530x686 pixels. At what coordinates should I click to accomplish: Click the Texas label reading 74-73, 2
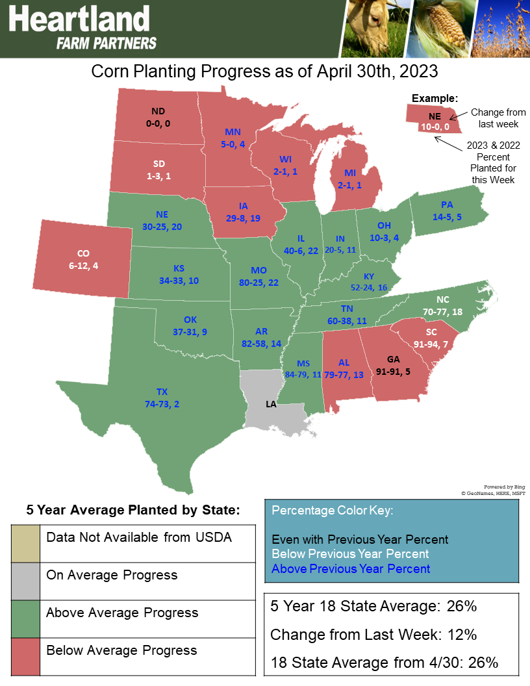pyautogui.click(x=162, y=398)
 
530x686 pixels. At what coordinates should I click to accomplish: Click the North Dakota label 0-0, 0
pyautogui.click(x=158, y=116)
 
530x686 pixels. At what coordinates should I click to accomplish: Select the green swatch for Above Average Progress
pyautogui.click(x=25, y=619)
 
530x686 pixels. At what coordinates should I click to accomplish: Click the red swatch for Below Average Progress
pyautogui.click(x=25, y=657)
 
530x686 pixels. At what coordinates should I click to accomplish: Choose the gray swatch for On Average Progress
pyautogui.click(x=25, y=581)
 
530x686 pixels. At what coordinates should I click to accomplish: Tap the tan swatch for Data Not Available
pyautogui.click(x=25, y=543)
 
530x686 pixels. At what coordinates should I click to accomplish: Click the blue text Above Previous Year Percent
pyautogui.click(x=351, y=569)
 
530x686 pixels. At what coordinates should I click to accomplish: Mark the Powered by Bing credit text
pyautogui.click(x=505, y=487)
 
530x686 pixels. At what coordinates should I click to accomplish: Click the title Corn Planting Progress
pyautogui.click(x=264, y=71)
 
